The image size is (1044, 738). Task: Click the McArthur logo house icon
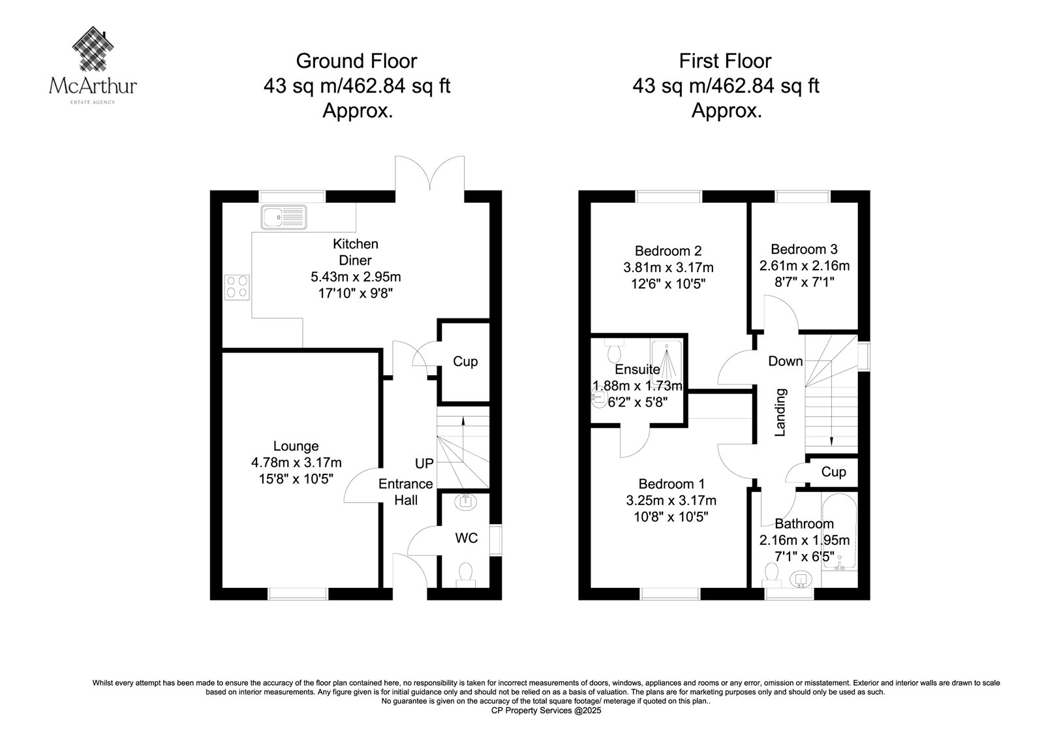93,48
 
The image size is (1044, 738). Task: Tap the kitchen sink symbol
284,217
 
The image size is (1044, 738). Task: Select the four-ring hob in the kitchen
237,287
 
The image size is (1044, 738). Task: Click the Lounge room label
296,446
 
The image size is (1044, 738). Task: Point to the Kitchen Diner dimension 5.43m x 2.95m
356,277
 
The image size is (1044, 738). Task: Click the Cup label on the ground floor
465,361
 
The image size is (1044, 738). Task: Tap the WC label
466,538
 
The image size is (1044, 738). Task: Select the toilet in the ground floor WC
466,575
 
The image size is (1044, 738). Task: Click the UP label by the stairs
424,463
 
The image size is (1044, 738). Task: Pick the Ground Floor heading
356,61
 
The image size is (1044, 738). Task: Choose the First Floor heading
725,61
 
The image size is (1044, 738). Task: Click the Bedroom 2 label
668,251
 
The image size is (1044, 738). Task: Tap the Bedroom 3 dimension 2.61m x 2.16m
805,266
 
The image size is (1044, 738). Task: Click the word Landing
780,412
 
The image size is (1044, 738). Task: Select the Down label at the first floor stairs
786,361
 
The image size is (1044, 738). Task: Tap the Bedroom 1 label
671,484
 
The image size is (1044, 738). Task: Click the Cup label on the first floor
833,472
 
